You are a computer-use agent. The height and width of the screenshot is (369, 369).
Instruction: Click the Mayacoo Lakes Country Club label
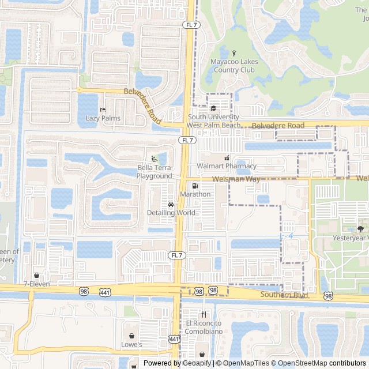point(233,66)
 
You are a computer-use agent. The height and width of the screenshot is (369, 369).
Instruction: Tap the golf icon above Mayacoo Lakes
point(234,54)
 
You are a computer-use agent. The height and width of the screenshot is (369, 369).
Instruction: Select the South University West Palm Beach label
point(213,121)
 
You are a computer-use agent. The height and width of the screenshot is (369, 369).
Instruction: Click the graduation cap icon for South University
point(213,108)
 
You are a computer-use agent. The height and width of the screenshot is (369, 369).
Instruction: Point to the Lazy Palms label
point(103,118)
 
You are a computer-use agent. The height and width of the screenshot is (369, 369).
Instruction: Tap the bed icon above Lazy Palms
point(103,110)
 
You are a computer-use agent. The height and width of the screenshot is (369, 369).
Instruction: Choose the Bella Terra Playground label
point(154,172)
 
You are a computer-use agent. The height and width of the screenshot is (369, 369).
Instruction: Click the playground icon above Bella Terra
point(154,159)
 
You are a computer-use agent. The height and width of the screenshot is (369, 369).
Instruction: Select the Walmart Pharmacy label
point(226,166)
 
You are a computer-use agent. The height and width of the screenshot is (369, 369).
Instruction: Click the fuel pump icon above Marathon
point(195,186)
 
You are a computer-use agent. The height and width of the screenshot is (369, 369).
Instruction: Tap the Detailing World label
point(171,213)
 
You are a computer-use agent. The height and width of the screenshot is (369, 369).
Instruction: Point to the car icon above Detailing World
point(171,205)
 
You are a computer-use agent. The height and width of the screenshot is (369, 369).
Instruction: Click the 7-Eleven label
point(37,284)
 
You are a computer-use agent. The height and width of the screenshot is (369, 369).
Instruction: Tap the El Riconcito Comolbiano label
point(203,327)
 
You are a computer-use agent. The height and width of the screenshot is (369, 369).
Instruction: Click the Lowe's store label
point(131,344)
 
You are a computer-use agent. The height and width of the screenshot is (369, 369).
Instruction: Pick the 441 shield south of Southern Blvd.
point(174,339)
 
